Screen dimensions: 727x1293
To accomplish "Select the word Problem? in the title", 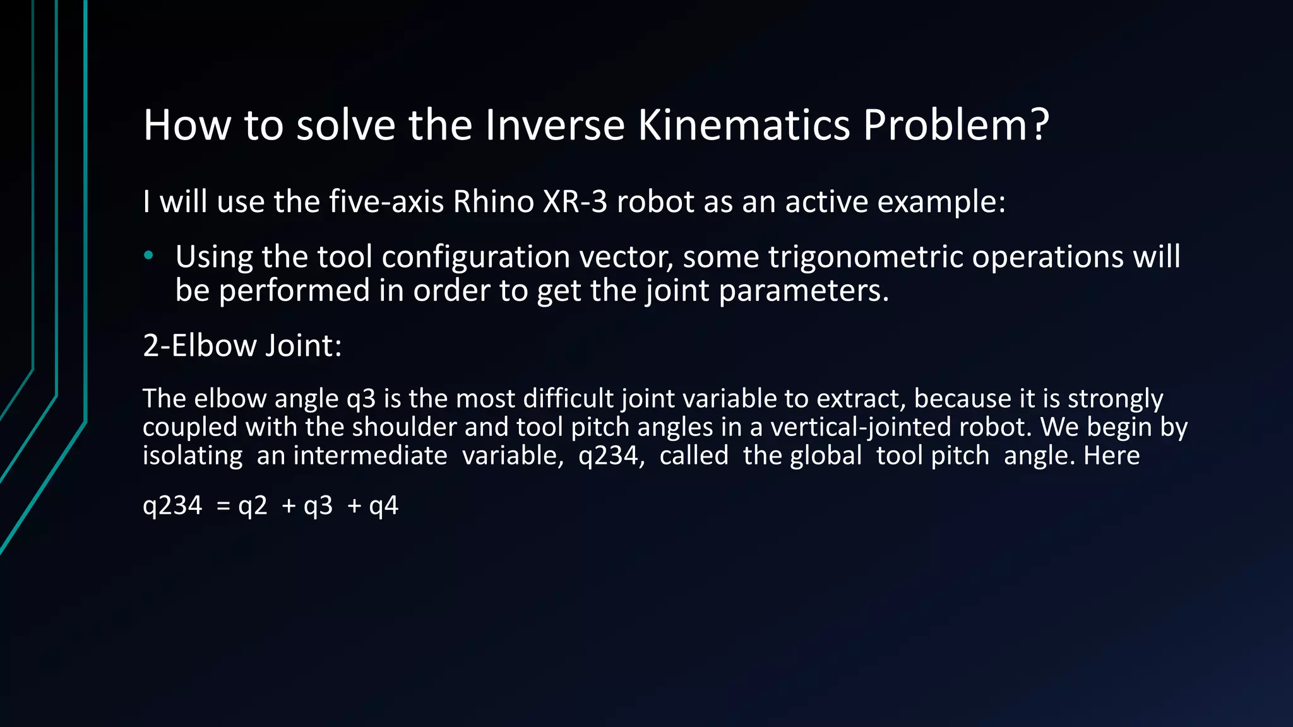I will point(956,125).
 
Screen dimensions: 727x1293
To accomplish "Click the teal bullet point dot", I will point(149,256).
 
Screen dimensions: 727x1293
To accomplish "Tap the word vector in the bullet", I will point(626,257).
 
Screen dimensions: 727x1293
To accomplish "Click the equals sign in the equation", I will point(223,506).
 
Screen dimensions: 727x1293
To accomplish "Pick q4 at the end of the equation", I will point(383,506).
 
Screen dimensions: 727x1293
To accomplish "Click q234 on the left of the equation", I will point(172,506).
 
